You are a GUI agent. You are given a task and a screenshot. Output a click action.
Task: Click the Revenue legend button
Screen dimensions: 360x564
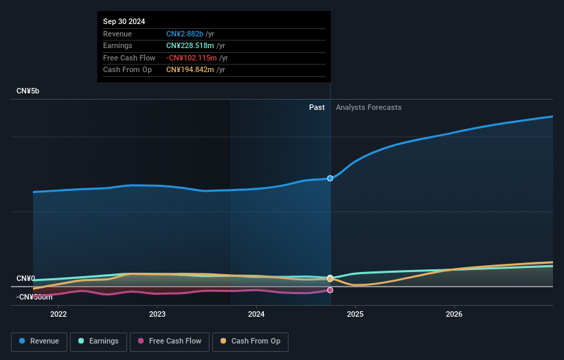coord(39,341)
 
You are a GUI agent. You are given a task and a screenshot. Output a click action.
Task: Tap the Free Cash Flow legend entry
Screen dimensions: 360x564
coord(170,341)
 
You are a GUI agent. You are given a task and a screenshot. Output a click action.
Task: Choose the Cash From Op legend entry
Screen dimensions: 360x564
coord(250,341)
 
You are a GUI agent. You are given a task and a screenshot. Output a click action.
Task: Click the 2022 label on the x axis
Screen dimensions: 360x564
coord(58,315)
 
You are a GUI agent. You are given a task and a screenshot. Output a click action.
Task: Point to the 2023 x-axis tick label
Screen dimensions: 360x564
coord(157,315)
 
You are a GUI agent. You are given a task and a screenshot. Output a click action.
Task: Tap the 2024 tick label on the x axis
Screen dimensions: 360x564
coord(256,315)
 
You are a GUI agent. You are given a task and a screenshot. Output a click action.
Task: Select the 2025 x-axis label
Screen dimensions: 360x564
coord(355,315)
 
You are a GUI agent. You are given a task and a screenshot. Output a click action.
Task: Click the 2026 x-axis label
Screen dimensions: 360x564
coord(454,315)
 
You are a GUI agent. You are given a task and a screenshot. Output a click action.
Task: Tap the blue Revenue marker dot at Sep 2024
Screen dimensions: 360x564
coord(330,178)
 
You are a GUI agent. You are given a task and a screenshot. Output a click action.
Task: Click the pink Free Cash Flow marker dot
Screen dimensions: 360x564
coord(330,290)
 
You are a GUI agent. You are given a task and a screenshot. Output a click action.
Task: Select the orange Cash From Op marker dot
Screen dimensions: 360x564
coord(330,278)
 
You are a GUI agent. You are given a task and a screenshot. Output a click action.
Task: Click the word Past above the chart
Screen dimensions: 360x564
coord(317,107)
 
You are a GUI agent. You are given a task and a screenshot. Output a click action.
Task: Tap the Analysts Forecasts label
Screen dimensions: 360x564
coord(368,107)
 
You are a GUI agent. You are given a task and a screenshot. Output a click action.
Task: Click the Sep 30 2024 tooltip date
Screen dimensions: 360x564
coord(124,22)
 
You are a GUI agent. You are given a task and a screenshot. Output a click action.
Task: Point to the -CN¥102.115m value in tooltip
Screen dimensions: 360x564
coord(192,58)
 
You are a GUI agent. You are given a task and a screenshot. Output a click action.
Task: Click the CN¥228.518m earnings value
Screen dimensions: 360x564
coord(191,46)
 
